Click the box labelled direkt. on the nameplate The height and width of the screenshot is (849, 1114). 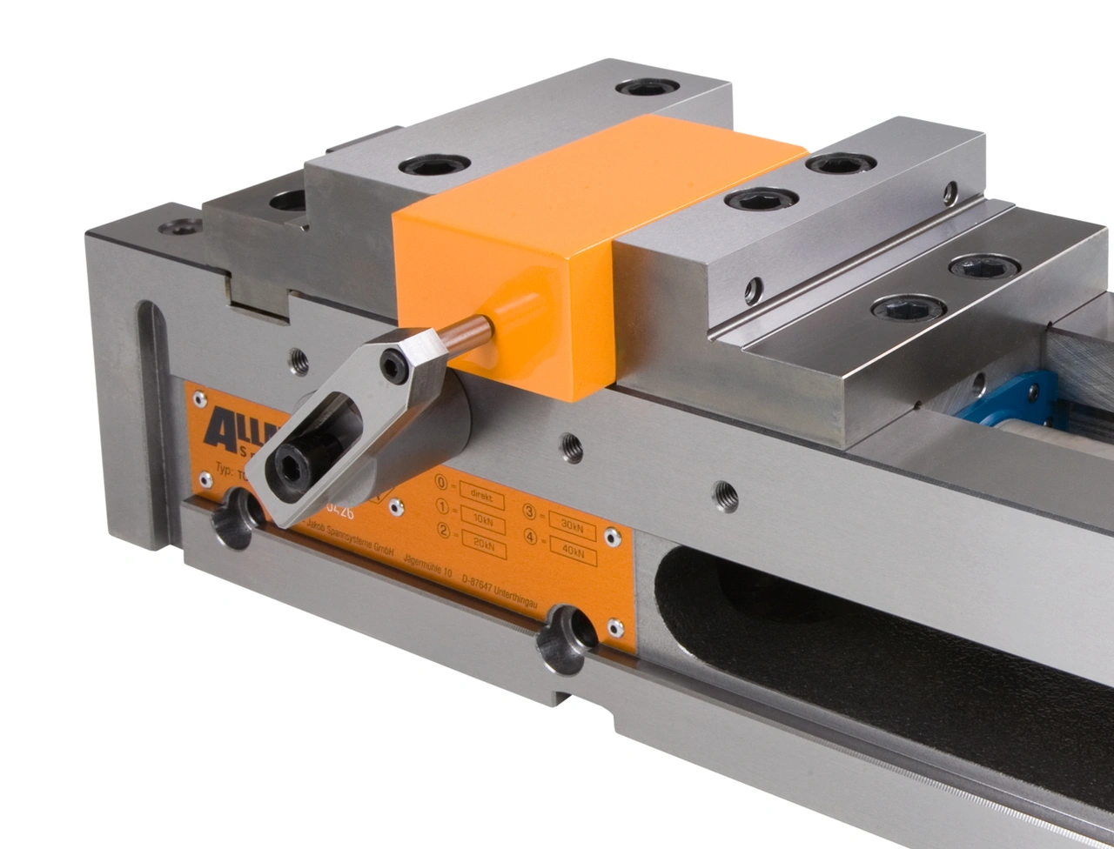click(482, 493)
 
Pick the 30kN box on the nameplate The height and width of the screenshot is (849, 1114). click(573, 525)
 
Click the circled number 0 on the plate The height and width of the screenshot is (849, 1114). click(442, 482)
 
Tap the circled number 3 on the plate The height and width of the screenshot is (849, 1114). click(530, 513)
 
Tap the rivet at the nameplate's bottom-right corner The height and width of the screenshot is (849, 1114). click(615, 627)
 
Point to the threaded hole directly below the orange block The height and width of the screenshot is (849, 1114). click(572, 447)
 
